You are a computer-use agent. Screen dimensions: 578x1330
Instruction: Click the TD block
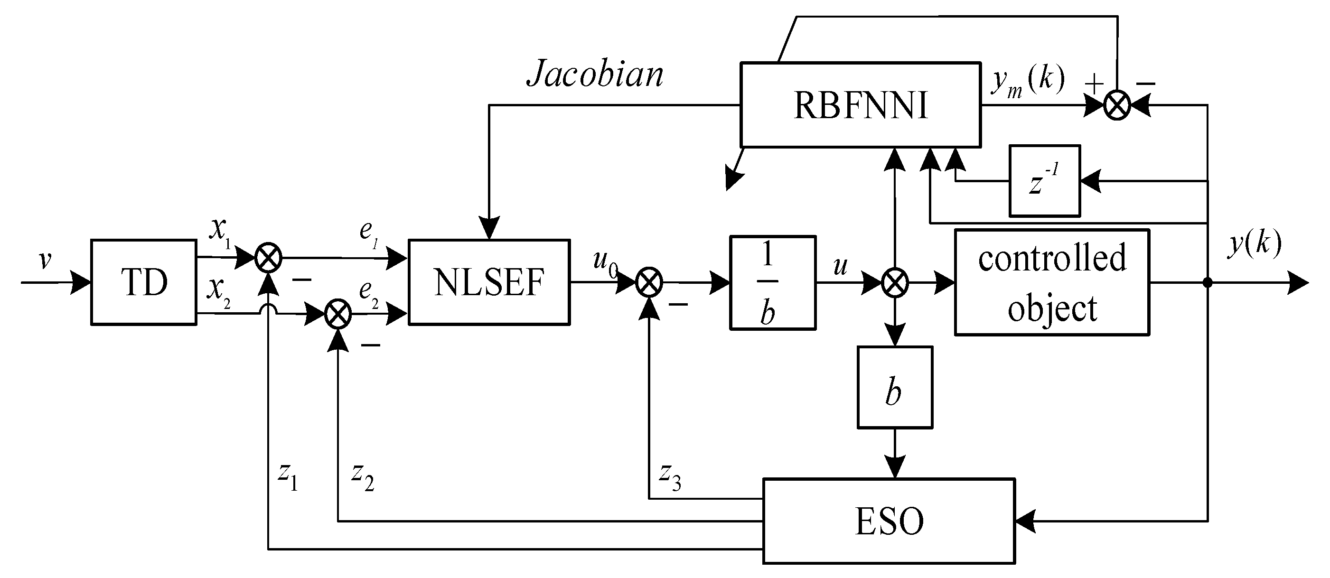[143, 282]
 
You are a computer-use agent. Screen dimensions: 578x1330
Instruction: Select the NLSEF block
[489, 282]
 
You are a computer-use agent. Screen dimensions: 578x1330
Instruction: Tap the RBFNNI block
[860, 105]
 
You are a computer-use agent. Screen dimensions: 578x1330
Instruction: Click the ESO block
[889, 521]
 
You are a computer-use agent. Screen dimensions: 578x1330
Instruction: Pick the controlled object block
[1052, 283]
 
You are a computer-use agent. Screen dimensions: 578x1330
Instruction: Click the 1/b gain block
[772, 283]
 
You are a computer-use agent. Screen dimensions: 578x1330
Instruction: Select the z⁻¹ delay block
[1044, 181]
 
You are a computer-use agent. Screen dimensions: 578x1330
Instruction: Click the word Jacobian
[595, 74]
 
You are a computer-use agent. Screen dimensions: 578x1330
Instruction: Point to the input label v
[46, 260]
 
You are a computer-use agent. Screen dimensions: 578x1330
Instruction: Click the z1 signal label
[288, 476]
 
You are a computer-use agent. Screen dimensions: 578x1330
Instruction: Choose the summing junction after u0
[649, 283]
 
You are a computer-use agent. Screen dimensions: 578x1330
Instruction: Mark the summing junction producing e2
[337, 314]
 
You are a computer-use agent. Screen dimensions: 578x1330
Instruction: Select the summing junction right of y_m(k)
[1117, 106]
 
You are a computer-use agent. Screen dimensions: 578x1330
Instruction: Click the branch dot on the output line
[1207, 283]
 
